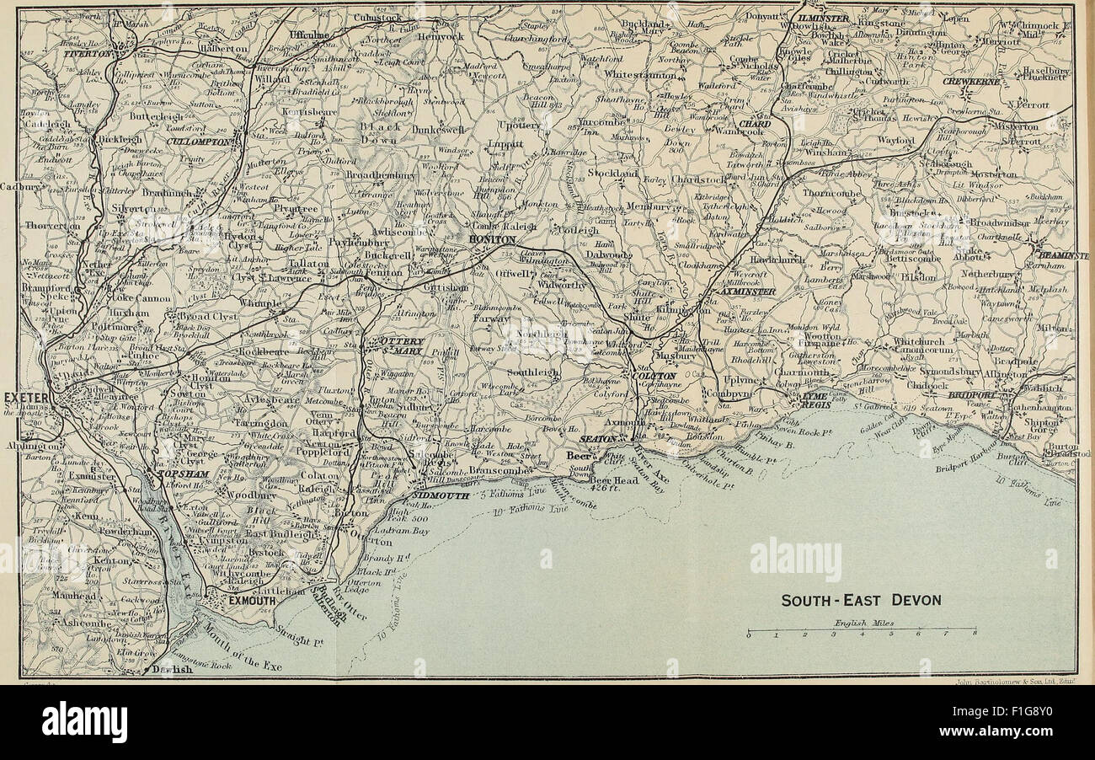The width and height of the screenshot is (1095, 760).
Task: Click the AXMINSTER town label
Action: click(x=741, y=291)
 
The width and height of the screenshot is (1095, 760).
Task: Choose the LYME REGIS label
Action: click(x=815, y=399)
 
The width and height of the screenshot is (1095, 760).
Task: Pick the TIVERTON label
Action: click(x=87, y=52)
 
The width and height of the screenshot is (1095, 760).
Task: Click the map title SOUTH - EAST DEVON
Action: click(x=860, y=601)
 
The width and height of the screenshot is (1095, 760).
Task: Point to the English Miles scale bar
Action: click(x=862, y=630)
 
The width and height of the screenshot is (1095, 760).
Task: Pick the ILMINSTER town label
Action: click(x=825, y=17)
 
